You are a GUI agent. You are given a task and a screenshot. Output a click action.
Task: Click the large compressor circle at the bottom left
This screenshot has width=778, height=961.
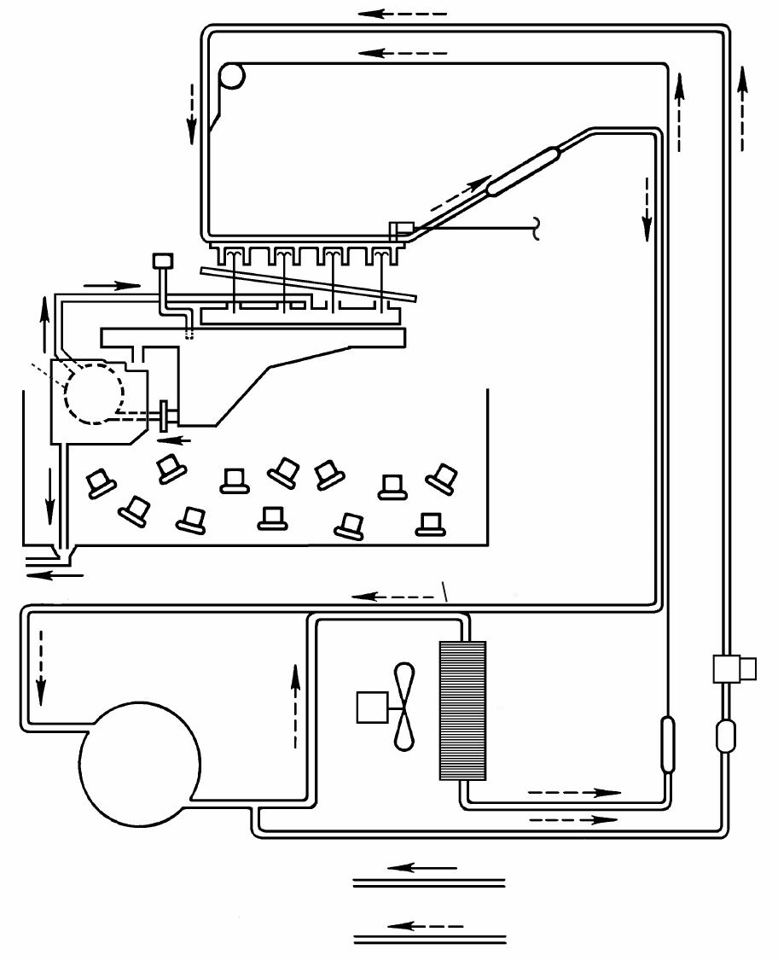pos(140,763)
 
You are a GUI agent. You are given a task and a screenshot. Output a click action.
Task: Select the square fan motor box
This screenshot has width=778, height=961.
pos(373,708)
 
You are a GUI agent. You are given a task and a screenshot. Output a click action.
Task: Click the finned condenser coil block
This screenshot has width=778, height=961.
pos(462,710)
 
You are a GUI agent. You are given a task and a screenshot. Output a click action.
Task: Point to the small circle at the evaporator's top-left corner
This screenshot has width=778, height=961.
pos(231,77)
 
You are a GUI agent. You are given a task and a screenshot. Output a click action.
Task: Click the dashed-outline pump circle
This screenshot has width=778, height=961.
pos(93,392)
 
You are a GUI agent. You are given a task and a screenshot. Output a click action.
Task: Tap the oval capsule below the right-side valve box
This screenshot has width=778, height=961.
pos(725,735)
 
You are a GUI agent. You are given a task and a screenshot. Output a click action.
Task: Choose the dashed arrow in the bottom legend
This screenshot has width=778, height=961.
pos(423,926)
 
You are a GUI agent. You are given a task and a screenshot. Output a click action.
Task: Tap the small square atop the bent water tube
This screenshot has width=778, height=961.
pos(160,260)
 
